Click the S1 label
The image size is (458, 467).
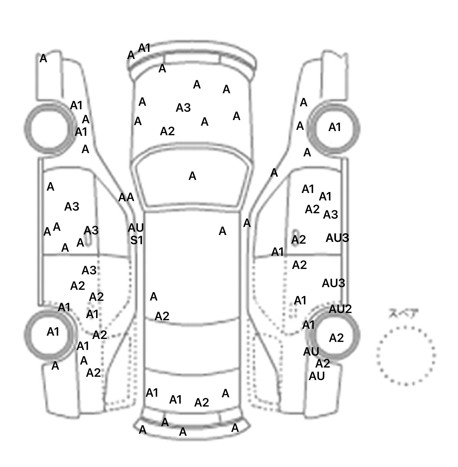point(137,240)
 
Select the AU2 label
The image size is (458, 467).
point(340,309)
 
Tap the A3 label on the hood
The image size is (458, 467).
point(183,108)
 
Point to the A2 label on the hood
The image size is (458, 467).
point(167,131)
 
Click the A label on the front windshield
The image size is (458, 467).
point(192,176)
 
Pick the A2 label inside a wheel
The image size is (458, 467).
point(336,338)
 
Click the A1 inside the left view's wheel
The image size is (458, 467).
point(53,332)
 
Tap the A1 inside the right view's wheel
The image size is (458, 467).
point(335,127)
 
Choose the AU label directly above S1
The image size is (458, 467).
point(136,228)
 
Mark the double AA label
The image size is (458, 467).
point(126,197)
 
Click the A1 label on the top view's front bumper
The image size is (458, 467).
point(144,48)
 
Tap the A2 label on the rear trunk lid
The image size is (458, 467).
point(202,403)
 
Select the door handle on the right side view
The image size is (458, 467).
point(295,237)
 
